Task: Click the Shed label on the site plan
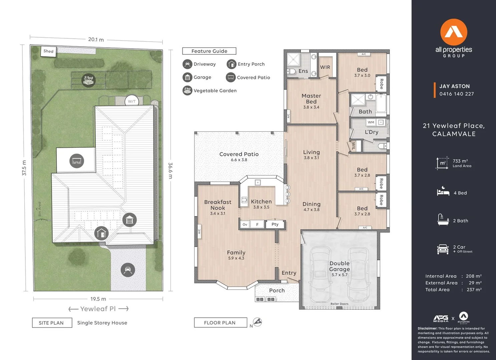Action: click(x=48, y=51)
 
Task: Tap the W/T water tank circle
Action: click(x=132, y=101)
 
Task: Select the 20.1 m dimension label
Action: click(x=96, y=39)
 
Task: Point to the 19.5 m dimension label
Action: click(x=98, y=299)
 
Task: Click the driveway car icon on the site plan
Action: click(x=128, y=270)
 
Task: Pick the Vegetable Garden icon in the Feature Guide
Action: click(x=187, y=90)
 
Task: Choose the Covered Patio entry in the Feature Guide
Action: click(x=248, y=77)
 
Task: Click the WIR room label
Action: click(x=325, y=67)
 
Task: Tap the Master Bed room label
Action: click(x=311, y=99)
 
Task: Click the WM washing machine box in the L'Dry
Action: click(x=371, y=122)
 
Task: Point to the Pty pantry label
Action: click(x=275, y=224)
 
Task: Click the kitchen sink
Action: click(x=258, y=183)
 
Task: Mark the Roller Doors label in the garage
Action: click(x=339, y=304)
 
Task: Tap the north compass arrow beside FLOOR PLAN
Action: click(x=258, y=322)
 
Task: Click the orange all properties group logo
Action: click(x=454, y=32)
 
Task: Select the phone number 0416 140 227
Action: click(x=457, y=94)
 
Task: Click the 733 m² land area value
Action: click(x=460, y=161)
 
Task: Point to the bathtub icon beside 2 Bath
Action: click(x=443, y=220)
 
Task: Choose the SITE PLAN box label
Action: click(x=52, y=323)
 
